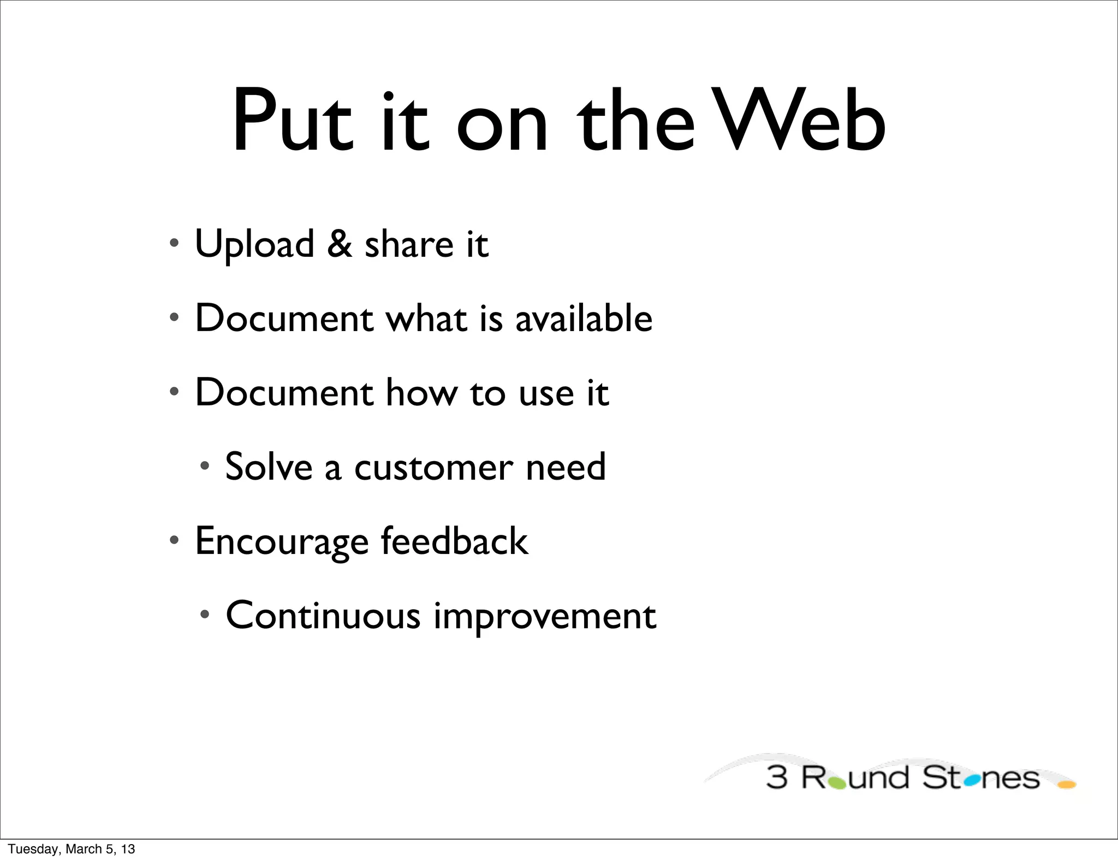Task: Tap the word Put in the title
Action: point(292,121)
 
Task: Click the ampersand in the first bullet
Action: point(339,244)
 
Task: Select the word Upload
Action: point(254,245)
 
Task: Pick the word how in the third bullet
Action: point(421,392)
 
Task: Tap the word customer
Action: point(433,468)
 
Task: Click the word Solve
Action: point(269,467)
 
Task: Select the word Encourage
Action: point(282,542)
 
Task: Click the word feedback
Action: point(454,541)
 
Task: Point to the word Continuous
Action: point(323,615)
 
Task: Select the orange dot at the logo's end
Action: point(1066,785)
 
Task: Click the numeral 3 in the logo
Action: point(776,778)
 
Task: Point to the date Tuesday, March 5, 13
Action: point(72,849)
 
